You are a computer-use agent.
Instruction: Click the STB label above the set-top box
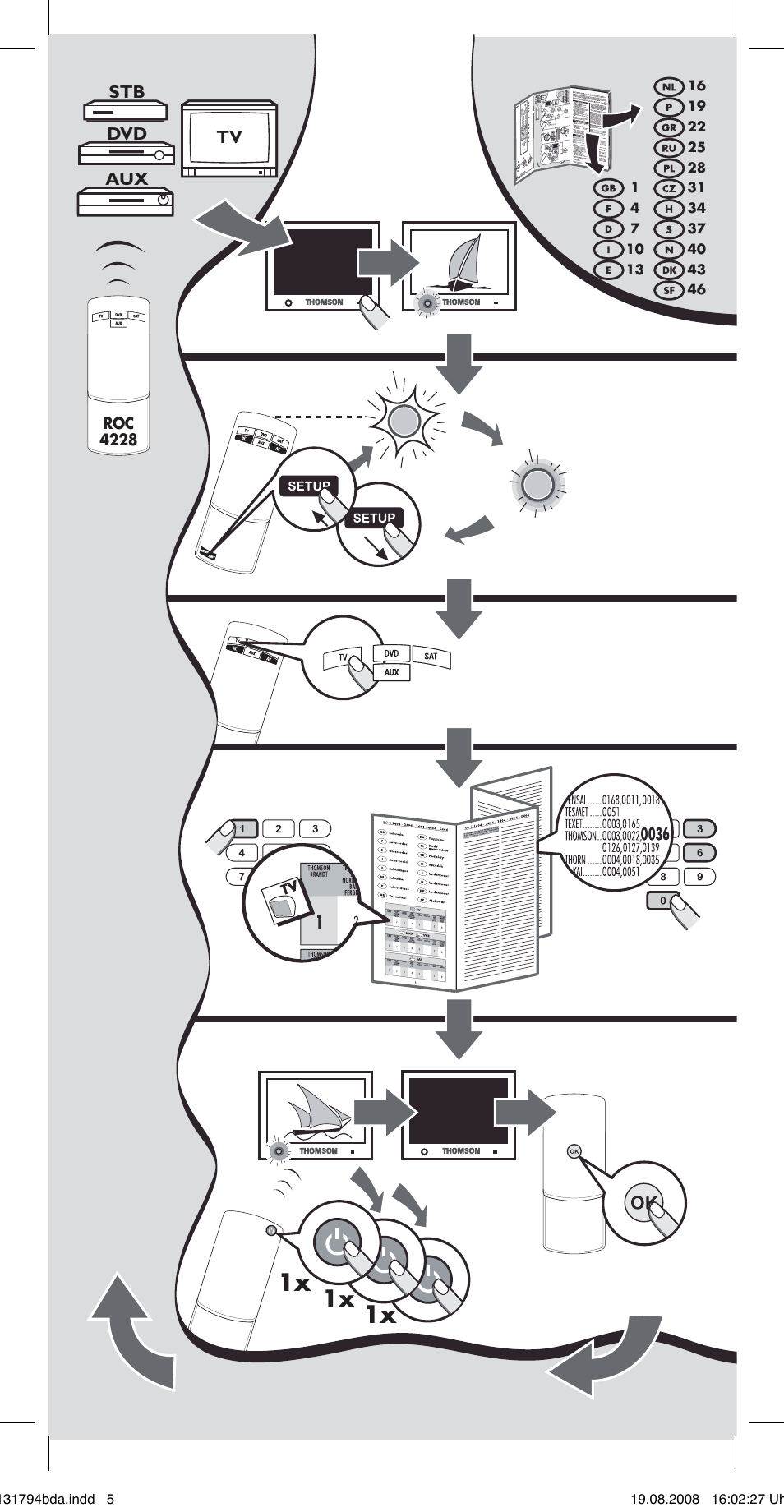point(127,92)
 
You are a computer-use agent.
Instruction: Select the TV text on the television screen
point(229,137)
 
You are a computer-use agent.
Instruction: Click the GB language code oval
point(608,188)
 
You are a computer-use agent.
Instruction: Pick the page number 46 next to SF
point(696,289)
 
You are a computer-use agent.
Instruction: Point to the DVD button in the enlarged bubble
point(391,653)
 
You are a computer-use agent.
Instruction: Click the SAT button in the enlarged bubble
point(431,656)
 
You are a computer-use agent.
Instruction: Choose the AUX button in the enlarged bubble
point(391,672)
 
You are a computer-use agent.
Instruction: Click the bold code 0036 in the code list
point(655,834)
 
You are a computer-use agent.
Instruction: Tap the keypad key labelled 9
point(699,877)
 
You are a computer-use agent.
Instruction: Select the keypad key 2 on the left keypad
point(279,829)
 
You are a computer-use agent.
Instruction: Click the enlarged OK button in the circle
point(642,1203)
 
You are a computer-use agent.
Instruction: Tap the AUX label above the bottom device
point(127,178)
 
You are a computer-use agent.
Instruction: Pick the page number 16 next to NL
point(696,85)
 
